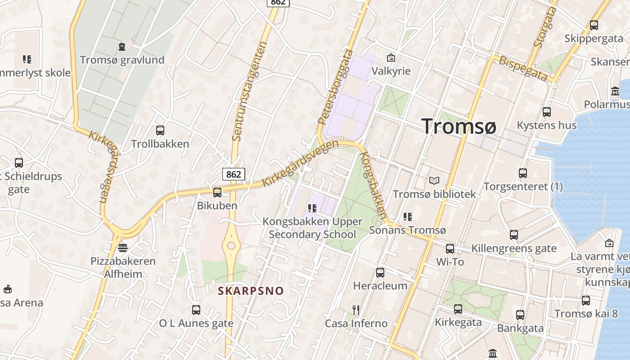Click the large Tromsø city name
tap(459, 126)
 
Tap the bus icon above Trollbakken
tap(160, 130)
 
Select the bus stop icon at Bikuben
tap(217, 193)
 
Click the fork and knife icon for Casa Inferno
tap(356, 310)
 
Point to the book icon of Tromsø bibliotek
tap(434, 180)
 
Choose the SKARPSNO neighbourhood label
tap(251, 291)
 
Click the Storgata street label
tap(544, 27)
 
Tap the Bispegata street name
tap(523, 69)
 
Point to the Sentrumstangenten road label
tap(250, 90)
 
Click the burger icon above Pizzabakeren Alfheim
tap(122, 247)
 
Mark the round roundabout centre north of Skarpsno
tap(231, 246)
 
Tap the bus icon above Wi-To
tap(450, 248)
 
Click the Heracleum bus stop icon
tap(380, 272)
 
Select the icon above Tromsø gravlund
tap(121, 46)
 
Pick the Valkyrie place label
tap(391, 71)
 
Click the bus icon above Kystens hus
tap(547, 112)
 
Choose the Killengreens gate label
tap(513, 248)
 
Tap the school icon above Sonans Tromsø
tap(408, 217)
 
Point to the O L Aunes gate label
tap(196, 323)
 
